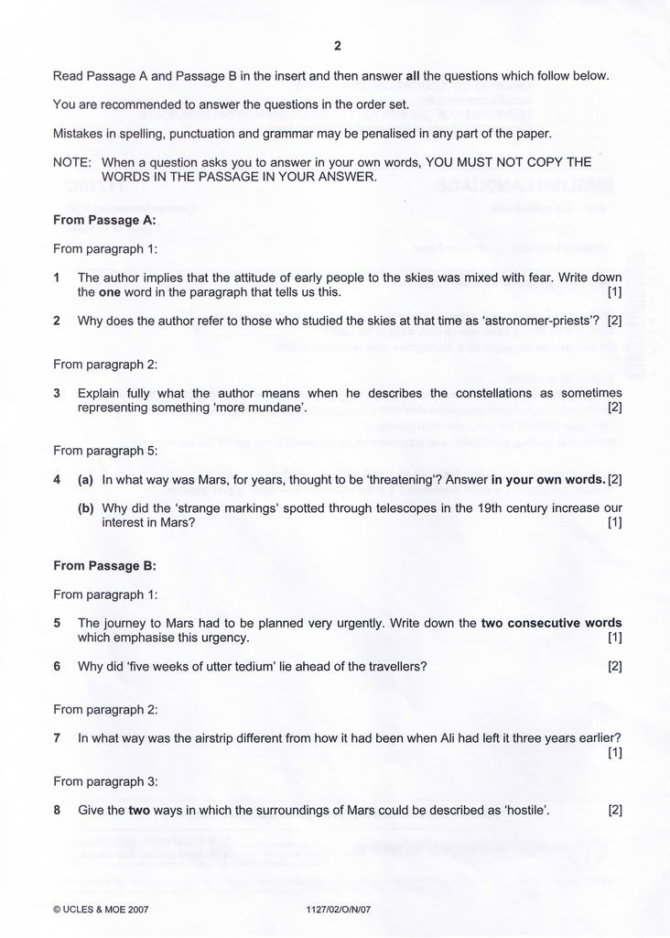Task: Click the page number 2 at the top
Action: click(x=337, y=46)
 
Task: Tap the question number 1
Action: click(x=57, y=277)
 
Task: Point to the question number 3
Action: click(x=57, y=393)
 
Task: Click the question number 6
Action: click(x=57, y=666)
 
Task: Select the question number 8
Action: click(x=57, y=810)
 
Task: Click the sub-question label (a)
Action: click(x=86, y=479)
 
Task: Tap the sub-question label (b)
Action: click(x=86, y=507)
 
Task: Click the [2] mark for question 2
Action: click(x=614, y=321)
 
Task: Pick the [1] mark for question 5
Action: click(x=614, y=638)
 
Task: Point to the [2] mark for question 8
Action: click(x=614, y=810)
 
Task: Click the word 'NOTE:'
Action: click(x=72, y=162)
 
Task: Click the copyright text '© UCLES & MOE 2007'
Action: click(x=101, y=910)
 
